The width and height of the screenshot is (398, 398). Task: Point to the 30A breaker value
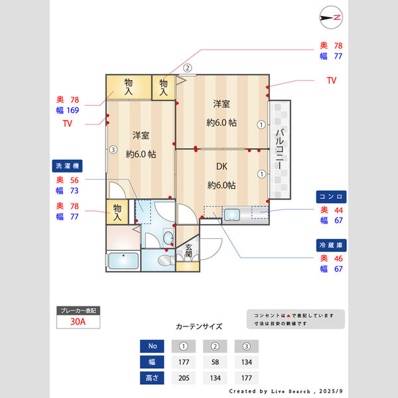point(79,322)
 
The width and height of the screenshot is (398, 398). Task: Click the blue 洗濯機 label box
point(66,165)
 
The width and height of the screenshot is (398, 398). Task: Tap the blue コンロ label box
point(330,196)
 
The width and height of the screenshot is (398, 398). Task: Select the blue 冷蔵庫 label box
point(330,245)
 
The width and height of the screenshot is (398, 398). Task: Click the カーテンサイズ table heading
point(199,326)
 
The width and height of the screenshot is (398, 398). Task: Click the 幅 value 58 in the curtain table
point(215,362)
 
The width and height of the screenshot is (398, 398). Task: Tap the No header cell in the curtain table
point(153,346)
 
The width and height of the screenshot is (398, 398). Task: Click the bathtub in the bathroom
point(122,261)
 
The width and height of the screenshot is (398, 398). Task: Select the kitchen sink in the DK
point(232,214)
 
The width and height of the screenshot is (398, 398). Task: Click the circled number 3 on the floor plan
point(113,150)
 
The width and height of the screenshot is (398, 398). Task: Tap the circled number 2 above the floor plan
point(188,67)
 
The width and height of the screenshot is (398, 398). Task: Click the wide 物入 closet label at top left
point(129,87)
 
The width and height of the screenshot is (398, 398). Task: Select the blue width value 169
point(73,110)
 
